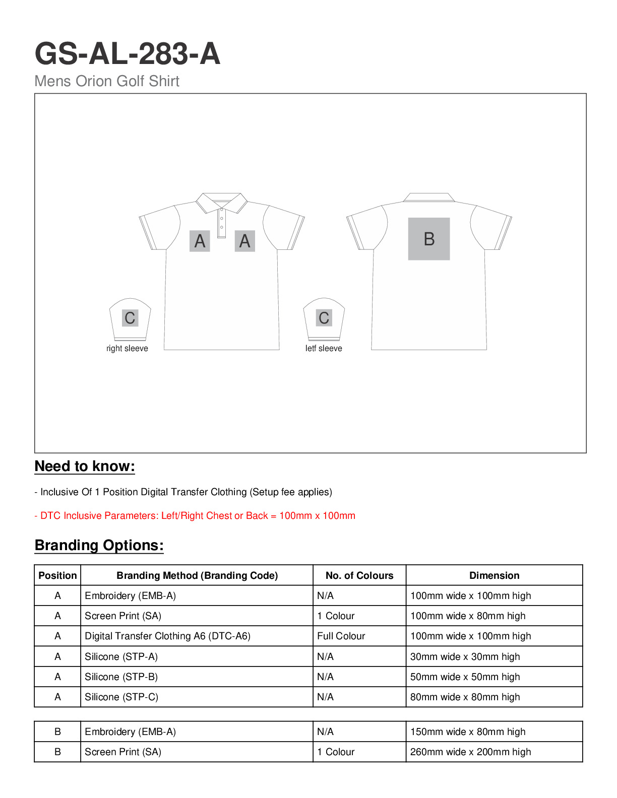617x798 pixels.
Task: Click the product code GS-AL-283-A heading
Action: pos(128,53)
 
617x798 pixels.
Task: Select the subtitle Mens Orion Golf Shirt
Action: pos(107,81)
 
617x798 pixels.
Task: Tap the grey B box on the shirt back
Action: pos(429,239)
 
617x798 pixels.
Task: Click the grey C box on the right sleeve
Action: pos(130,318)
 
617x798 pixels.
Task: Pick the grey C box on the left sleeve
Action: pos(324,318)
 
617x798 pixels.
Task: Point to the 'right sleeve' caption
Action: pos(127,349)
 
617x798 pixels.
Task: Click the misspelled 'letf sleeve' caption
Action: pos(324,349)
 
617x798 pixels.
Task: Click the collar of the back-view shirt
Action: pos(429,197)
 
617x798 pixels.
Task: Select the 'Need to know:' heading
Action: pos(85,467)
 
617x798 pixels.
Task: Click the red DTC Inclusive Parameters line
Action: pos(195,516)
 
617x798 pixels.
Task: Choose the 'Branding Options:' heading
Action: pos(99,546)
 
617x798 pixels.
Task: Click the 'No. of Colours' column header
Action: pos(359,576)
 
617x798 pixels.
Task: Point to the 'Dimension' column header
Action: pos(494,576)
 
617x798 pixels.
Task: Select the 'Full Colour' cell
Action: pos(341,636)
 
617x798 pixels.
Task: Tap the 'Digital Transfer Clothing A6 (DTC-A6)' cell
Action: pos(167,636)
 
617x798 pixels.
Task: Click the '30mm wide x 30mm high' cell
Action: pos(465,657)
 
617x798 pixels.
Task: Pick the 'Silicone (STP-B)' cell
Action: pos(121,677)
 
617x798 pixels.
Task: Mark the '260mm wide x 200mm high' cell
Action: pos(470,752)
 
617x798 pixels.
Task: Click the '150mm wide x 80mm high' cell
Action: pos(468,732)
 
